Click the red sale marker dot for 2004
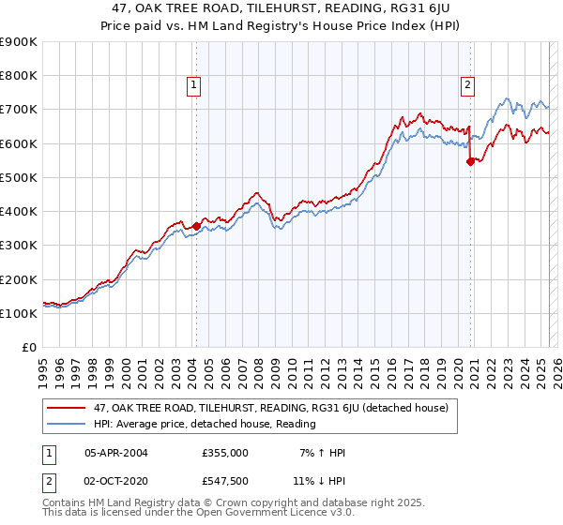[196, 226]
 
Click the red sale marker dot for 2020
[470, 161]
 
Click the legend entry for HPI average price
[204, 424]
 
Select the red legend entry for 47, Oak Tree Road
[270, 408]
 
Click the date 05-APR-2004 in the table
[116, 453]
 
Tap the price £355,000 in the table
[224, 453]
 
